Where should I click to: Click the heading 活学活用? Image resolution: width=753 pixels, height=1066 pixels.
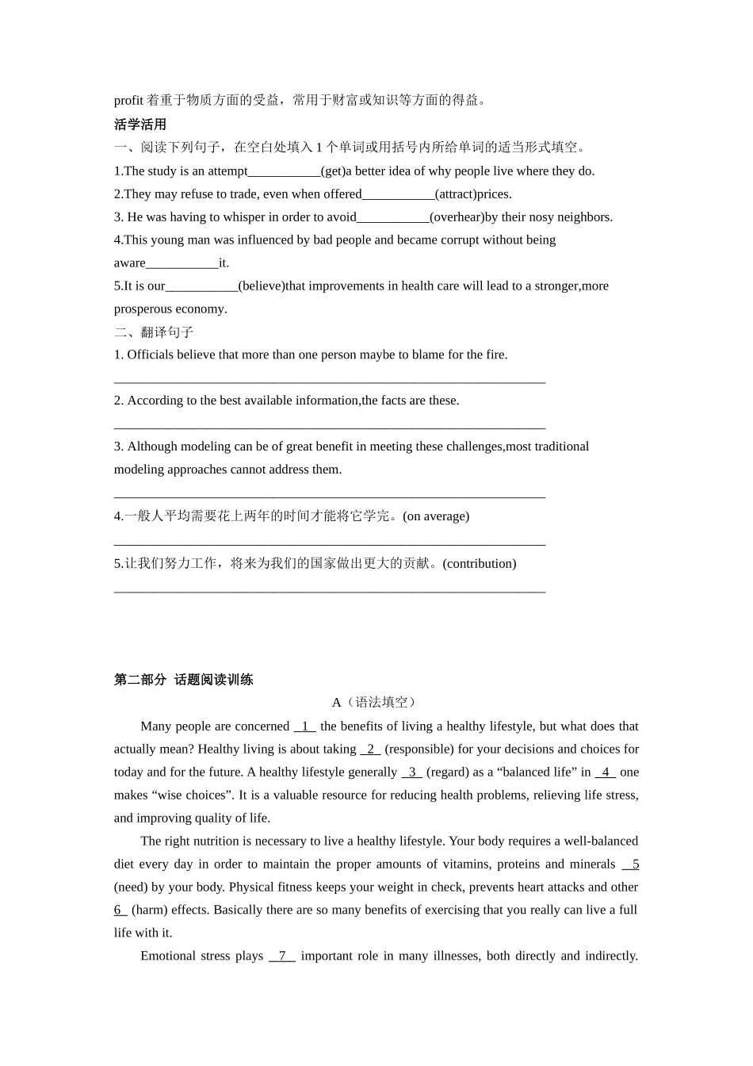click(x=140, y=125)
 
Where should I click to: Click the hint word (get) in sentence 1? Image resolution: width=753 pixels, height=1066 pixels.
click(x=334, y=171)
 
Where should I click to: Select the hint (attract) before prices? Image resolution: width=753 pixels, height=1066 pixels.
click(x=456, y=194)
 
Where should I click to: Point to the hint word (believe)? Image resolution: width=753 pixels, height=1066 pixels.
click(x=262, y=286)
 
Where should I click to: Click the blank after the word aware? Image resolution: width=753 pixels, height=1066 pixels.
click(x=182, y=263)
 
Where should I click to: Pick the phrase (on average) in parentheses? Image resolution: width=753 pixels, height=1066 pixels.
click(x=436, y=516)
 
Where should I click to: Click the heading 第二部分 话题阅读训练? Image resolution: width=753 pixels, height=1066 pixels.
click(x=184, y=680)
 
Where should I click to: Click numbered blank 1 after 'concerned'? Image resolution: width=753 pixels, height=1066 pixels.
click(x=305, y=727)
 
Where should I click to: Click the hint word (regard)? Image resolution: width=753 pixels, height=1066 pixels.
click(x=446, y=773)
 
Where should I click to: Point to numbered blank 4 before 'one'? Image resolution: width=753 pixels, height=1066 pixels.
click(x=606, y=773)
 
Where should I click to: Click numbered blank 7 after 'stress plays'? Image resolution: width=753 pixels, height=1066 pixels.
click(x=282, y=957)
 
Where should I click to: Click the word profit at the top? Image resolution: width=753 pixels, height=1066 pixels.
click(x=128, y=101)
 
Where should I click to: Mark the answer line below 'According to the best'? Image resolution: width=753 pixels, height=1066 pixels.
click(x=330, y=428)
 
